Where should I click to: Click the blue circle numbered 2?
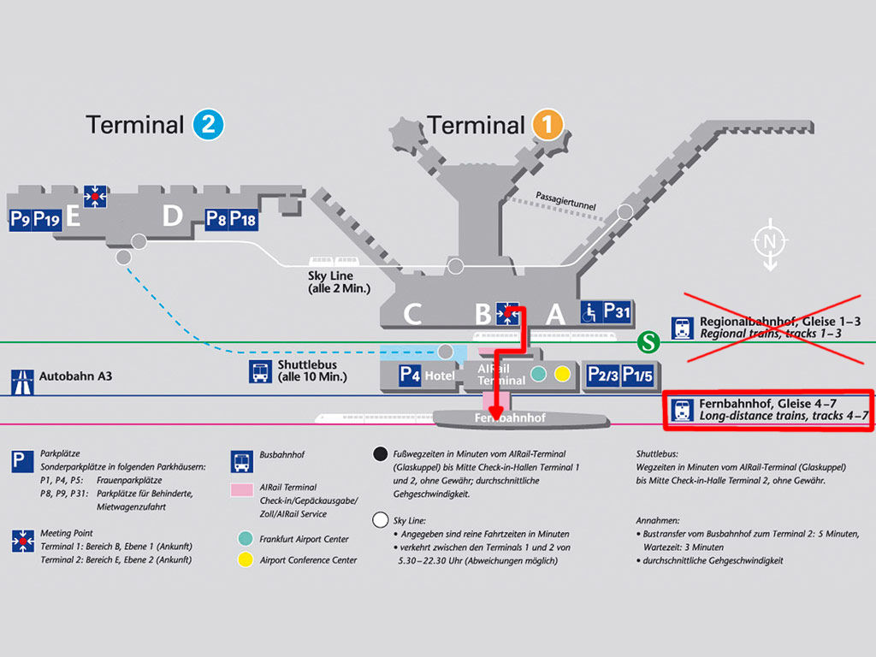(x=209, y=126)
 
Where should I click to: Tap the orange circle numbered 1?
(x=547, y=126)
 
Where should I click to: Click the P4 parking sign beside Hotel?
(x=411, y=375)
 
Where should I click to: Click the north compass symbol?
(x=769, y=244)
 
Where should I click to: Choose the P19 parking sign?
(x=46, y=220)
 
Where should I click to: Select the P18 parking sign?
(x=244, y=219)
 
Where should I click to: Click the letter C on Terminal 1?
(x=412, y=315)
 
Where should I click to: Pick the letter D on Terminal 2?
(x=173, y=216)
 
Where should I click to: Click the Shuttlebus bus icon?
(x=261, y=371)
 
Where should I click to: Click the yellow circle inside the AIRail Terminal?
(x=562, y=373)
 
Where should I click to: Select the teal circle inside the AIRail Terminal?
(x=538, y=373)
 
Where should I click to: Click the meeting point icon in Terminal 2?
(x=95, y=197)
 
